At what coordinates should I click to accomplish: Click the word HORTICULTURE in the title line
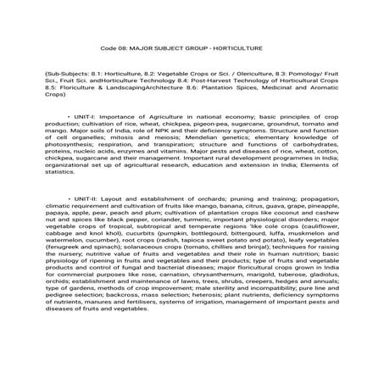coord(241,50)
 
